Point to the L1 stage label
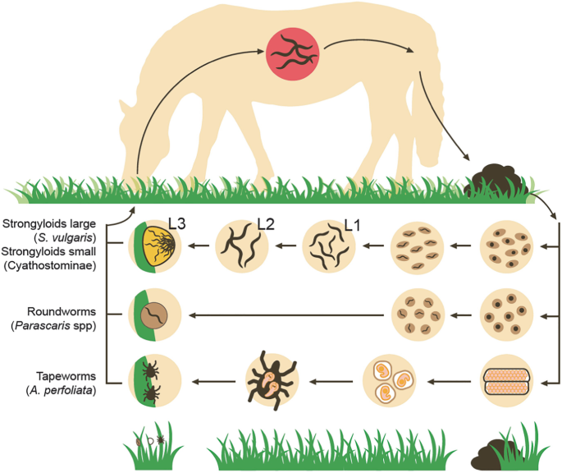point(352,223)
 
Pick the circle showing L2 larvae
point(243,245)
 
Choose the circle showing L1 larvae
point(330,245)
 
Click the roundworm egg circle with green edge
point(158,315)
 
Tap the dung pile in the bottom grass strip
point(492,450)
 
